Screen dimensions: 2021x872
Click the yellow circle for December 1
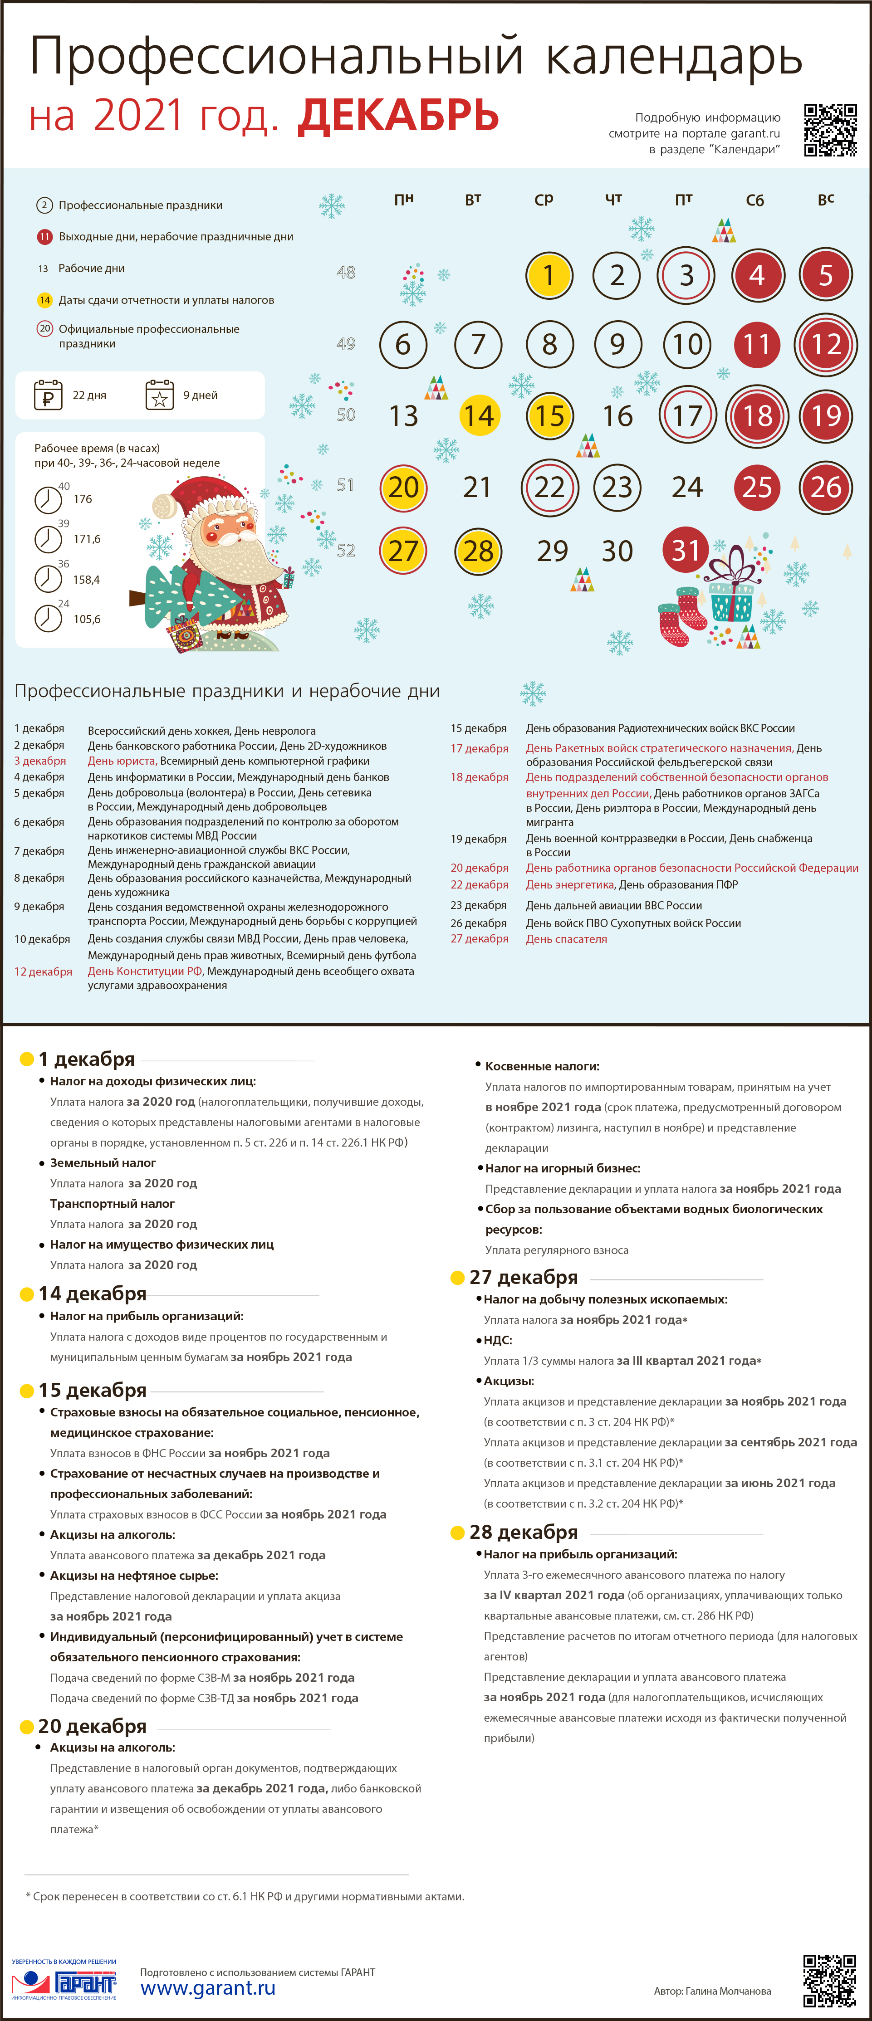549,275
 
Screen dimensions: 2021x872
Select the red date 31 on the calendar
685,550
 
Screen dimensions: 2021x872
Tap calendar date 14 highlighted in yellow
478,415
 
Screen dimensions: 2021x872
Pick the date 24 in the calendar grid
687,487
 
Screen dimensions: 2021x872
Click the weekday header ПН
403,199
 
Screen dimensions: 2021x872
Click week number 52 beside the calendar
346,551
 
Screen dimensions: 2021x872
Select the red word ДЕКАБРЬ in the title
398,115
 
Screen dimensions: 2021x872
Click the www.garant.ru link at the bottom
208,1987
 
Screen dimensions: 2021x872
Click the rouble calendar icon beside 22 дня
48,395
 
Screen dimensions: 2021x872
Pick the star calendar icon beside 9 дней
159,395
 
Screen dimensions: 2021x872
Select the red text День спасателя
566,939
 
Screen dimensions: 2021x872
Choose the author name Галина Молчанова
728,1991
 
